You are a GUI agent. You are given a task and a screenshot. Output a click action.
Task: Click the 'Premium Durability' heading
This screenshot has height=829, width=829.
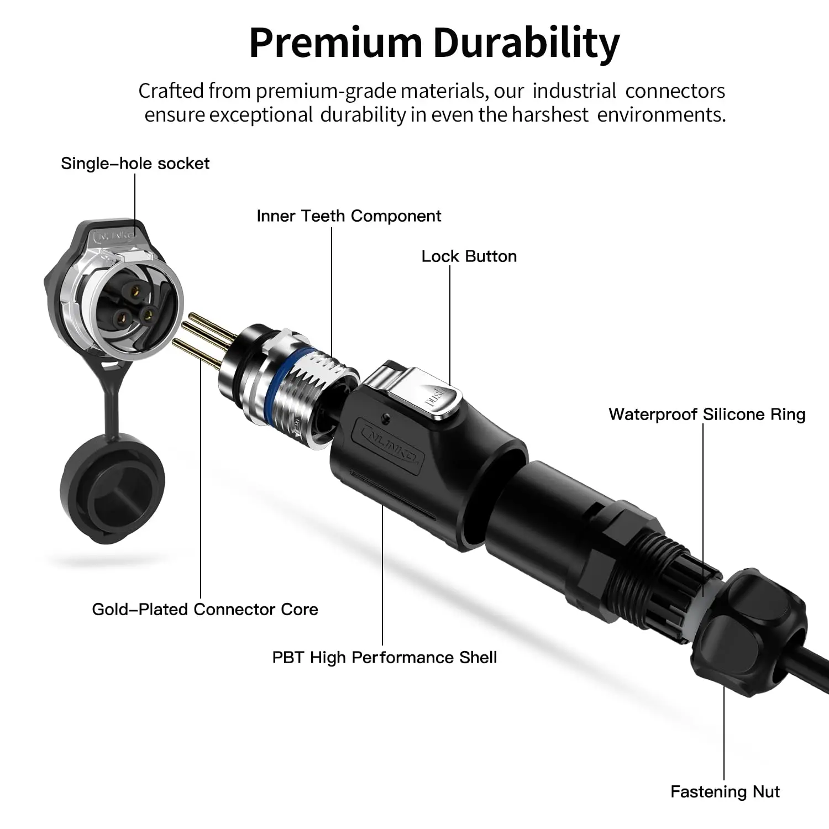tap(434, 43)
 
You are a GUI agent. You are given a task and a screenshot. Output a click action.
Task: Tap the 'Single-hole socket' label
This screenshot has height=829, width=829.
tap(135, 164)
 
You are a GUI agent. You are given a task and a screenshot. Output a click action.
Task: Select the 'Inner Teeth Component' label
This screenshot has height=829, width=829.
tap(348, 216)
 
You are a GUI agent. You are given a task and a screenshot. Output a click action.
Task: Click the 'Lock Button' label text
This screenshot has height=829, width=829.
tap(469, 256)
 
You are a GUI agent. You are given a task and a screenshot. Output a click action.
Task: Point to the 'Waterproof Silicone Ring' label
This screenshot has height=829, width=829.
tap(706, 414)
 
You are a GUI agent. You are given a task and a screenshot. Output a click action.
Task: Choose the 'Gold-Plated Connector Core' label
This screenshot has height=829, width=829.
tap(204, 610)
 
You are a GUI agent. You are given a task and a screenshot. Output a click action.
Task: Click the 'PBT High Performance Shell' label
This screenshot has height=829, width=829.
tap(384, 658)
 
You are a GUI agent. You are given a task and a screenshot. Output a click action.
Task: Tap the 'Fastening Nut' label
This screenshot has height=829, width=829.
tap(725, 792)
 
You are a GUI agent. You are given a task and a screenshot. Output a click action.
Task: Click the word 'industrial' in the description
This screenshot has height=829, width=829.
tap(574, 91)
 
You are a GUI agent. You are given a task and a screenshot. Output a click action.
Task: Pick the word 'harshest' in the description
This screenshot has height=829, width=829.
tap(549, 115)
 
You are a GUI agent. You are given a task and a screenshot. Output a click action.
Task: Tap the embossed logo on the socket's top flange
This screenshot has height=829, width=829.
tap(114, 235)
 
